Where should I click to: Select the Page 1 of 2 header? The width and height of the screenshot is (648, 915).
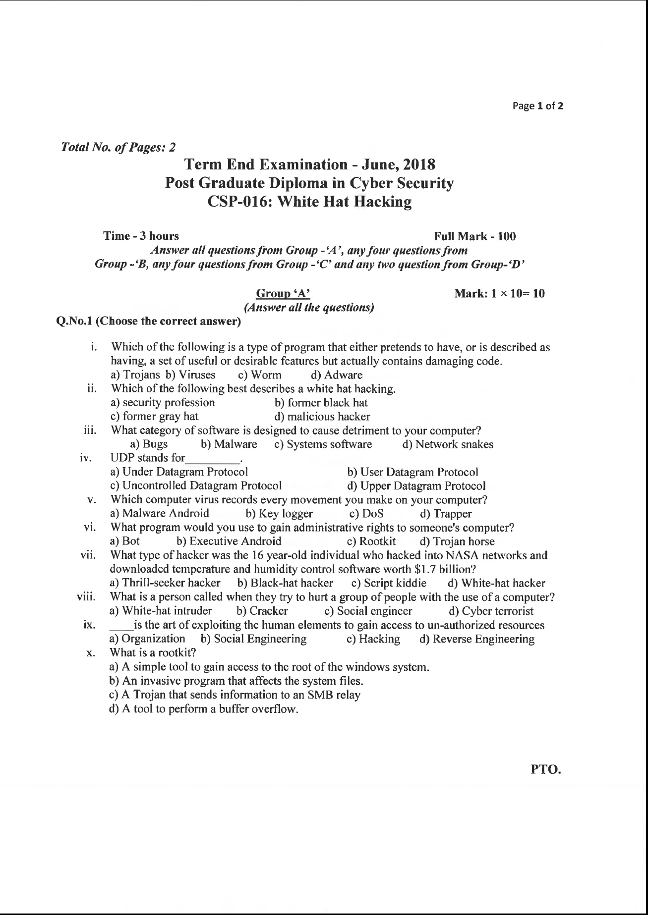click(538, 106)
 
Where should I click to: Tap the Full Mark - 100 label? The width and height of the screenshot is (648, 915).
click(474, 236)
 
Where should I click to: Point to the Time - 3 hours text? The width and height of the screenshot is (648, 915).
click(141, 236)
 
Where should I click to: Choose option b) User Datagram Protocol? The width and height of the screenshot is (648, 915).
click(412, 472)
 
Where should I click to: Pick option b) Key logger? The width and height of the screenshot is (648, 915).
click(279, 514)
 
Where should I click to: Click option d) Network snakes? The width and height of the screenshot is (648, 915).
click(448, 444)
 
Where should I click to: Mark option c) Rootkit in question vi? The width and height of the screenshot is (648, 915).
click(371, 541)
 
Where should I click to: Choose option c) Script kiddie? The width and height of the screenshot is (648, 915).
click(389, 583)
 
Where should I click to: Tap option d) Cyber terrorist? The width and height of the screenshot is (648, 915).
click(491, 611)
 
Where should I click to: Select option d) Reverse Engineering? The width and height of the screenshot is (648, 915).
click(476, 639)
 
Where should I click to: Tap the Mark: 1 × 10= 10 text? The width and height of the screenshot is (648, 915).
click(499, 294)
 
